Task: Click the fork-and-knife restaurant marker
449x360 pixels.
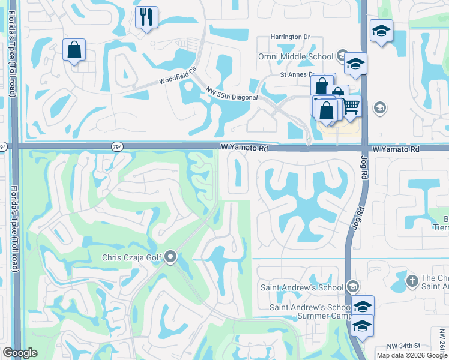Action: (x=146, y=17)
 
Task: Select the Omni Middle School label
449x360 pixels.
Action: (x=295, y=56)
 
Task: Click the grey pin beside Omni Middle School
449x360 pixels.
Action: (x=342, y=56)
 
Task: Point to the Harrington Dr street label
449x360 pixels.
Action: (x=289, y=37)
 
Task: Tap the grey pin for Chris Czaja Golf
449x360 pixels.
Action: (x=170, y=257)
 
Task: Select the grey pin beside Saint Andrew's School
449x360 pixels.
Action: (x=352, y=287)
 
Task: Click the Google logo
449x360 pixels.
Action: (x=20, y=353)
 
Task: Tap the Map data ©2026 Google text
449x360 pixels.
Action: (x=412, y=355)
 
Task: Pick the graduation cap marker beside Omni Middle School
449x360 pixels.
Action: (x=356, y=63)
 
